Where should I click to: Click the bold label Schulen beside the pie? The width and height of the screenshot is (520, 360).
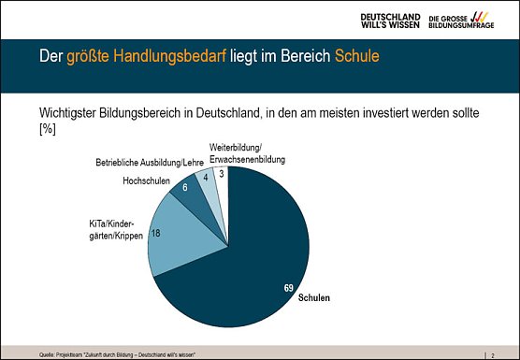[x=313, y=298]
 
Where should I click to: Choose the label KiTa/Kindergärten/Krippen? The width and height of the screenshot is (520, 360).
[x=113, y=231]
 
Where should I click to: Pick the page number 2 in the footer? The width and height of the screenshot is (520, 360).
[x=493, y=354]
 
